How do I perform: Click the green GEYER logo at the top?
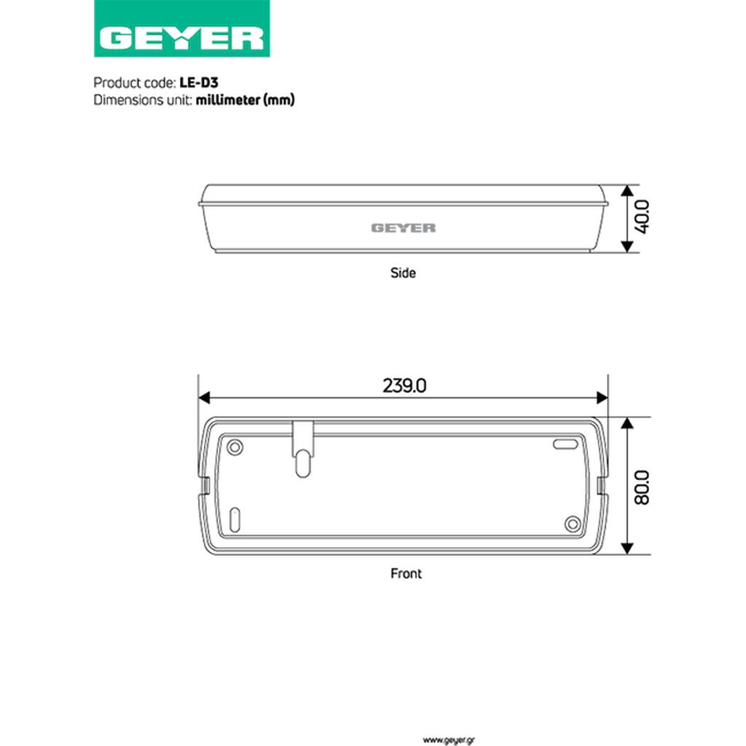[181, 28]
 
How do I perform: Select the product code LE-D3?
[199, 83]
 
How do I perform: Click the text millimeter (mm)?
[245, 100]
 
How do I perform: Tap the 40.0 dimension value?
[643, 217]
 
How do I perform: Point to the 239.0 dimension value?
[404, 385]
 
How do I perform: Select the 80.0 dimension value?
[643, 487]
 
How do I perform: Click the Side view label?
[403, 273]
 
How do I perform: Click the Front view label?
[406, 573]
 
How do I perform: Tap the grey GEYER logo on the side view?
[404, 228]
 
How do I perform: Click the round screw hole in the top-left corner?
[235, 447]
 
